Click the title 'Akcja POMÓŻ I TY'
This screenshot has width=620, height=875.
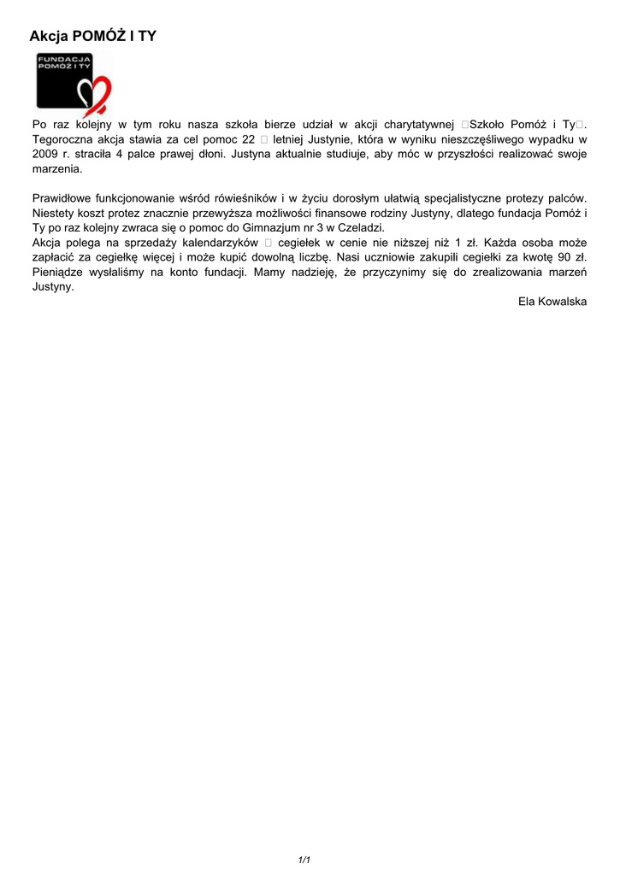92,36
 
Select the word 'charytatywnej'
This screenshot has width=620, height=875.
418,125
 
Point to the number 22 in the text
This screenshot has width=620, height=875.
249,139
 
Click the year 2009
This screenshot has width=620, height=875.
45,155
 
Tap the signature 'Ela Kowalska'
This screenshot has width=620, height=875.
552,302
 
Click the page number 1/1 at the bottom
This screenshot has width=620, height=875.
304,860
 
